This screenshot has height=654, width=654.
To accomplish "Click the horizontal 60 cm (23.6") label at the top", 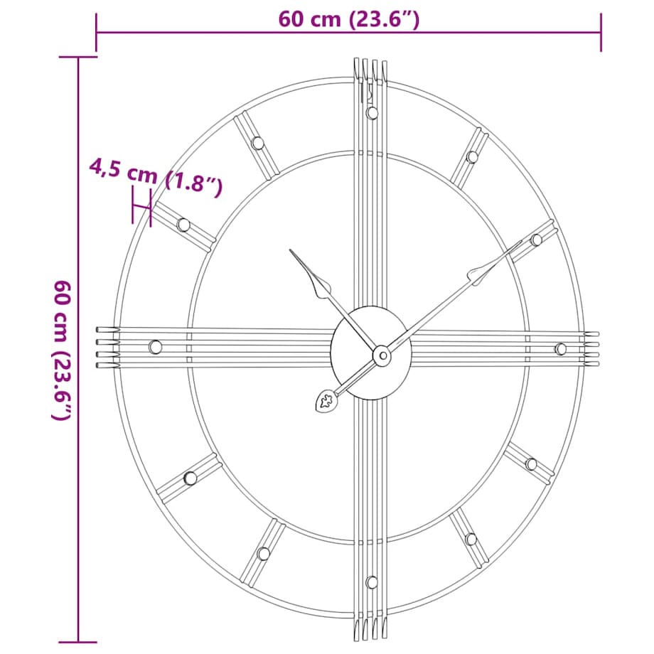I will click(348, 18).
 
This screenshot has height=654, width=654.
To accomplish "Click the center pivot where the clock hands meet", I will click(382, 354).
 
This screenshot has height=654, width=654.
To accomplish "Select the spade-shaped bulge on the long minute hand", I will click(478, 274).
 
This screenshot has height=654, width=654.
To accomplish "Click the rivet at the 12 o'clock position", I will click(372, 112).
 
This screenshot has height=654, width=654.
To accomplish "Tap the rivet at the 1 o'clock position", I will click(471, 156).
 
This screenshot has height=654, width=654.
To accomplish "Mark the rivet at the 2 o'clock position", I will click(536, 240).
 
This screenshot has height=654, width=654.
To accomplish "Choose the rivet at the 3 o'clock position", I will click(560, 348).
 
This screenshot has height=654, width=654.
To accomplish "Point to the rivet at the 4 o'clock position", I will click(531, 464).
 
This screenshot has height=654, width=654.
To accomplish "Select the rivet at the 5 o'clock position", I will click(471, 539).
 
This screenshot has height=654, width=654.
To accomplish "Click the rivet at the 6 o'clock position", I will click(371, 582).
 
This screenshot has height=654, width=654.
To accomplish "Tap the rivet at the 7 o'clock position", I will click(264, 553).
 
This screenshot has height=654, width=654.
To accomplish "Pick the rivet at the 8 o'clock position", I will click(190, 478).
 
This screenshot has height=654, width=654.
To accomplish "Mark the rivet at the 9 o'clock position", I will click(155, 347).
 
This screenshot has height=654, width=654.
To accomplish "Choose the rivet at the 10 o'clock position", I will click(183, 225).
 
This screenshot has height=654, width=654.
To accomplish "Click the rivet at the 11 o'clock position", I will click(257, 143).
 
